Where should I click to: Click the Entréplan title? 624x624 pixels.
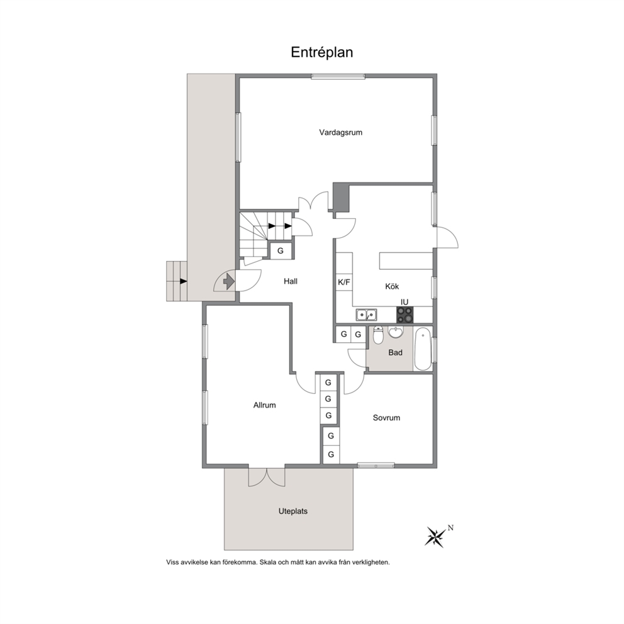pos(321,52)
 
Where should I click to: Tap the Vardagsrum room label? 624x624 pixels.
pos(341,133)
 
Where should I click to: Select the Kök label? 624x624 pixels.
pos(392,286)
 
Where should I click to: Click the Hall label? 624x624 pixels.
pos(291,281)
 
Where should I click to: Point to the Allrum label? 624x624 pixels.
pos(265,405)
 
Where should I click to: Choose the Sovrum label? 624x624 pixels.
pos(386,418)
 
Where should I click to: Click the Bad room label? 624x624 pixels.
pos(395,353)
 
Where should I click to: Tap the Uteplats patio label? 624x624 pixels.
pos(293,511)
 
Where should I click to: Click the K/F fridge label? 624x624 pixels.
pos(344,282)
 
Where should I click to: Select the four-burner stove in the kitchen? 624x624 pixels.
pos(404,315)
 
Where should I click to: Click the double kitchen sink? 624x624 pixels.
pos(367,315)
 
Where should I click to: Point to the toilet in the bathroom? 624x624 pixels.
pos(378,335)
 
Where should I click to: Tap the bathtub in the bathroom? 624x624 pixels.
pos(423,348)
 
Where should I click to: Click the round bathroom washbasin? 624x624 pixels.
pos(396,332)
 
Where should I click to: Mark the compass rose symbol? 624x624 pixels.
pos(436,537)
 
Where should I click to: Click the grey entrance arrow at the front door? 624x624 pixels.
pos(229,282)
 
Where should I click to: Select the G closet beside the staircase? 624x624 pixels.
pos(281,251)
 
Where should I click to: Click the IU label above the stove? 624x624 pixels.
pos(404,302)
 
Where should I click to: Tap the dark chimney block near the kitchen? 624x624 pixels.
pos(341,198)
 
